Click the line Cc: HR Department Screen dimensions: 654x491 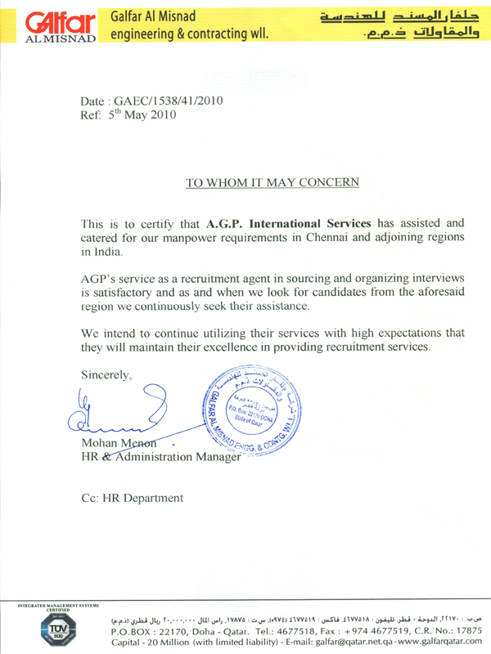pos(132,498)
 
